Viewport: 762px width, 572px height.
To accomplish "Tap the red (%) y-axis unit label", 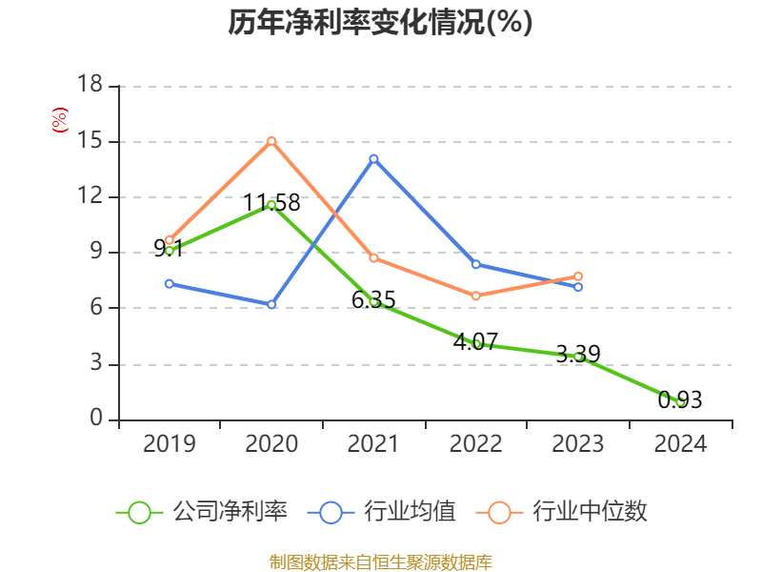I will [x=59, y=120].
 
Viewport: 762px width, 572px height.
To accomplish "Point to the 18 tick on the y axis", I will [x=90, y=86].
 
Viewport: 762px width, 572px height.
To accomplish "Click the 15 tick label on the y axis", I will [x=90, y=141].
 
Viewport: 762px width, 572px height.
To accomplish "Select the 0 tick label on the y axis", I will [x=96, y=419].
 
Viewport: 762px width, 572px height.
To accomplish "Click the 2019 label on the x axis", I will [x=169, y=443].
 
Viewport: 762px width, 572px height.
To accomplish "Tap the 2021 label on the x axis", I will [x=373, y=443].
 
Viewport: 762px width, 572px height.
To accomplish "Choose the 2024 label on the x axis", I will [x=680, y=443].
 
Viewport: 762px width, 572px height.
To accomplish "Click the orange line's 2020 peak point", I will [x=271, y=141].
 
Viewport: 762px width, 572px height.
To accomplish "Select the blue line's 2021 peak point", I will [x=373, y=158].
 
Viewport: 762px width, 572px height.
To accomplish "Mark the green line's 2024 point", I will [x=680, y=402].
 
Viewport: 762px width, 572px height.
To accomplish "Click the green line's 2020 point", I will [x=271, y=205].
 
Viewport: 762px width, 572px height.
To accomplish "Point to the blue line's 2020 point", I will [x=271, y=304].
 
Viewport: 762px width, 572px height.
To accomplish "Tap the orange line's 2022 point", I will [x=475, y=296].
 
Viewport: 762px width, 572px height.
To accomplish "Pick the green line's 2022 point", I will [x=475, y=344].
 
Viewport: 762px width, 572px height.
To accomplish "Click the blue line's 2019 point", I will [x=169, y=283].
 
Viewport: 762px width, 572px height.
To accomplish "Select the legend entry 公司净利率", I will [x=202, y=512].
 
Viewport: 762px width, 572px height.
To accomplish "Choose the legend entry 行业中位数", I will [x=568, y=512].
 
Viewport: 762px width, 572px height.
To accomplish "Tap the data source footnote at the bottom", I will [x=380, y=562].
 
